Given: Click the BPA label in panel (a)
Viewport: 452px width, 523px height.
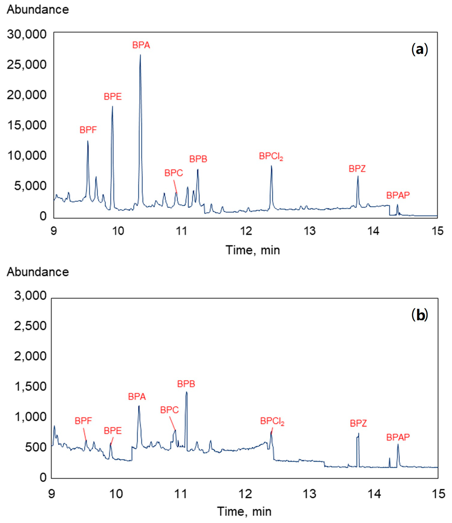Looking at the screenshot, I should pyautogui.click(x=141, y=45).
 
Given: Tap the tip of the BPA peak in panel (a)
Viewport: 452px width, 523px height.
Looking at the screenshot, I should pyautogui.click(x=140, y=55).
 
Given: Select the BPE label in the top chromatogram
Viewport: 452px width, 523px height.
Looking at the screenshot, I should pyautogui.click(x=113, y=97).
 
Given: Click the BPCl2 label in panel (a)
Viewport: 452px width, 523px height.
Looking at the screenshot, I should pyautogui.click(x=271, y=157).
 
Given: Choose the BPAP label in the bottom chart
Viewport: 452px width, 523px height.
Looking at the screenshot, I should pyautogui.click(x=398, y=437).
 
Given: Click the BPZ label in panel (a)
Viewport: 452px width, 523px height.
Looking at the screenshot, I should pyautogui.click(x=357, y=169).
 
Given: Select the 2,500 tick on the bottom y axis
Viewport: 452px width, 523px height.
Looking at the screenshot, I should pyautogui.click(x=30, y=326).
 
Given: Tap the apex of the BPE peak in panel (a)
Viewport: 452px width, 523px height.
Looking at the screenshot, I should pyautogui.click(x=112, y=106).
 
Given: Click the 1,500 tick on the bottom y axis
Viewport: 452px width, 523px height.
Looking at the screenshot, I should pyautogui.click(x=30, y=387).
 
